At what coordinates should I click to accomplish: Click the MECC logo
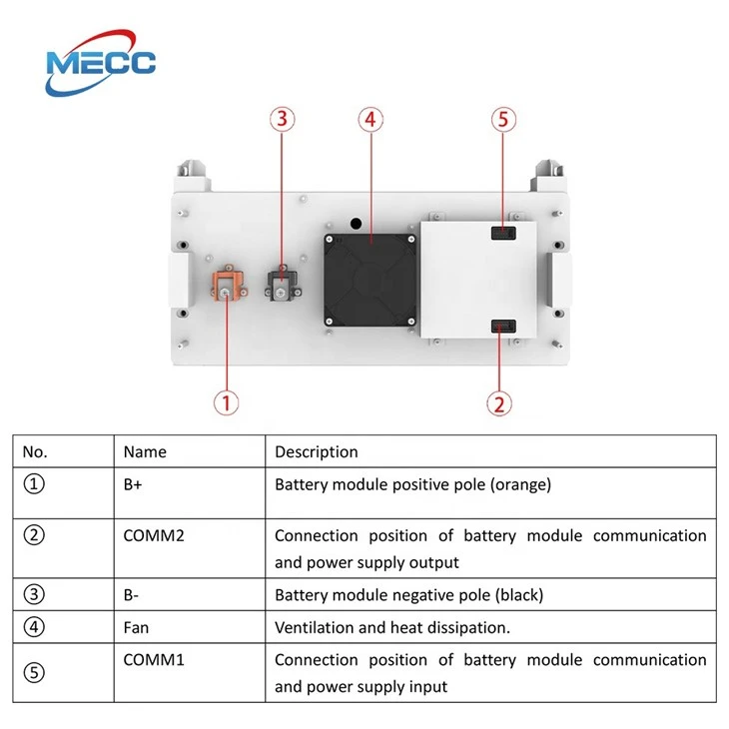pyautogui.click(x=101, y=63)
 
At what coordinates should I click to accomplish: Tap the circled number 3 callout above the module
pyautogui.click(x=283, y=119)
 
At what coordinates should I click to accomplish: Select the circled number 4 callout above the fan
pyautogui.click(x=370, y=120)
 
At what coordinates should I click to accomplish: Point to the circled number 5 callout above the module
pyautogui.click(x=503, y=120)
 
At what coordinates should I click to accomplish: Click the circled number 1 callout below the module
pyautogui.click(x=226, y=402)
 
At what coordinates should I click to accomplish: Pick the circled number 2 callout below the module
pyautogui.click(x=499, y=403)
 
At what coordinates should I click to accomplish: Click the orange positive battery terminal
pyautogui.click(x=229, y=283)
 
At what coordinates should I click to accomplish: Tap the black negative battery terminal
pyautogui.click(x=283, y=283)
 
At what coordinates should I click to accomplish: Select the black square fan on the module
pyautogui.click(x=370, y=280)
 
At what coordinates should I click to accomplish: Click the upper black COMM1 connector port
pyautogui.click(x=503, y=233)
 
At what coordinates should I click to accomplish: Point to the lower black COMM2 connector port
pyautogui.click(x=503, y=326)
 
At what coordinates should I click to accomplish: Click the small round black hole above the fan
pyautogui.click(x=356, y=224)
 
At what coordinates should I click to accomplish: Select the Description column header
pyautogui.click(x=317, y=452)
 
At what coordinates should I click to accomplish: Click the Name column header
pyautogui.click(x=145, y=452)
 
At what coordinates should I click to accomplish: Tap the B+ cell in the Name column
pyautogui.click(x=133, y=484)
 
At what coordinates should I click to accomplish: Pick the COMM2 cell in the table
pyautogui.click(x=154, y=535)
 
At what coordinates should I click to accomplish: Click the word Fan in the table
pyautogui.click(x=136, y=628)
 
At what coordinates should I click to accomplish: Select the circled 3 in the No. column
pyautogui.click(x=34, y=594)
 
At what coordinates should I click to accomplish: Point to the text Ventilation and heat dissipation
pyautogui.click(x=392, y=628)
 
